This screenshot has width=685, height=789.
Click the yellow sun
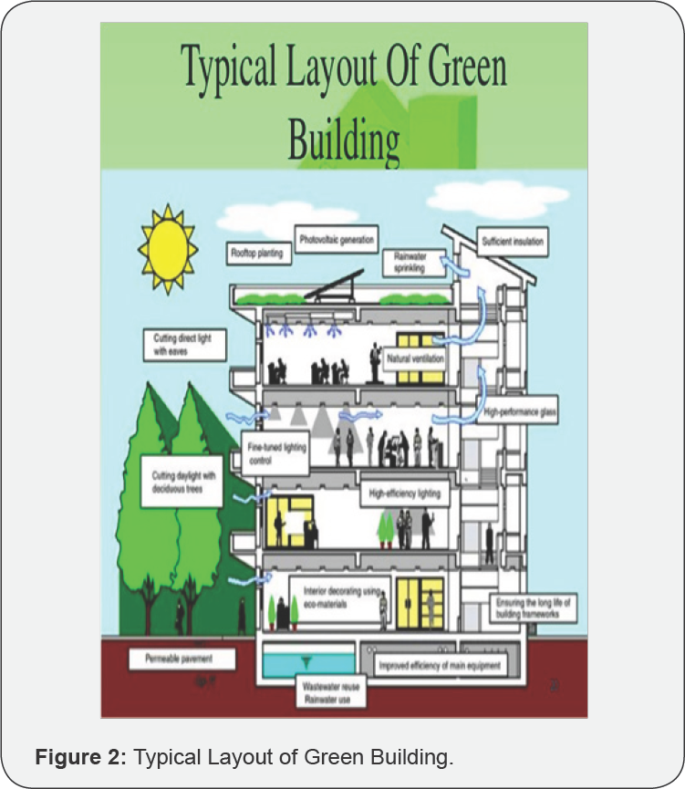168,247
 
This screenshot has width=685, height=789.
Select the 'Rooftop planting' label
260,253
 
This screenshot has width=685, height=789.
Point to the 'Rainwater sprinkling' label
406,263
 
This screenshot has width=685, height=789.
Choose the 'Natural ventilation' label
416,359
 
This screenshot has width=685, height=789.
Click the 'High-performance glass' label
521,412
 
